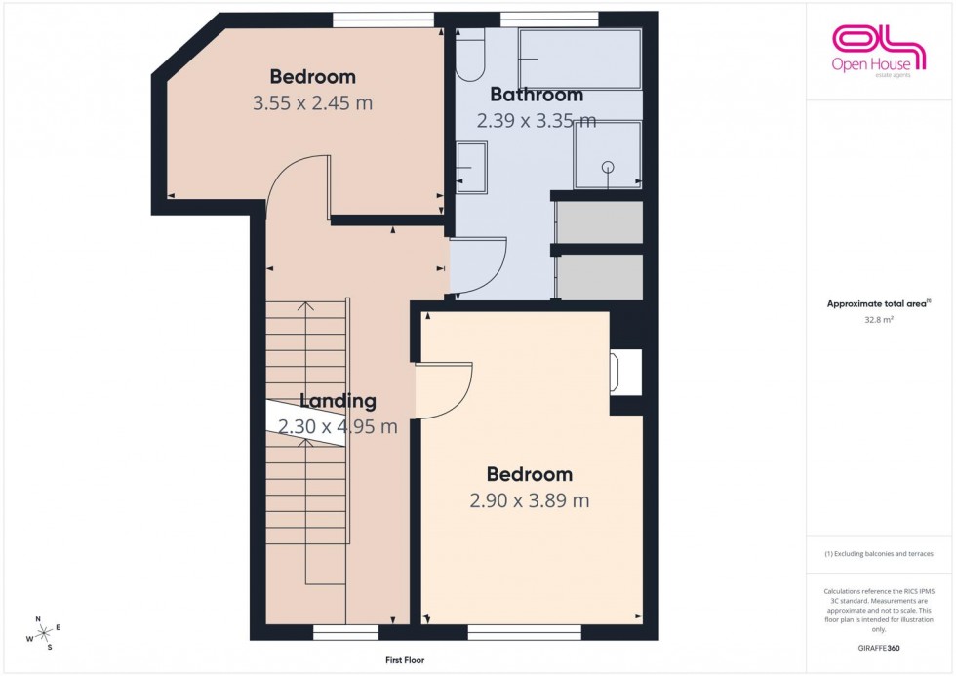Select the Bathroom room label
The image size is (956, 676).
pyautogui.click(x=536, y=95)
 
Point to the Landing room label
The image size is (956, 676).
pyautogui.click(x=338, y=401)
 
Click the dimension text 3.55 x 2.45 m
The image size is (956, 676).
pyautogui.click(x=312, y=102)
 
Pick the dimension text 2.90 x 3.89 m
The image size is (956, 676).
pyautogui.click(x=529, y=501)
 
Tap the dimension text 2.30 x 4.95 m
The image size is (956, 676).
pyautogui.click(x=338, y=426)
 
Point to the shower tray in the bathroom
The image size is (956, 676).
pyautogui.click(x=608, y=154)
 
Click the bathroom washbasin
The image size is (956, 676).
pyautogui.click(x=472, y=168)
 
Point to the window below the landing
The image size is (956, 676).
pyautogui.click(x=345, y=634)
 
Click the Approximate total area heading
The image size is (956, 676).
pyautogui.click(x=878, y=303)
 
